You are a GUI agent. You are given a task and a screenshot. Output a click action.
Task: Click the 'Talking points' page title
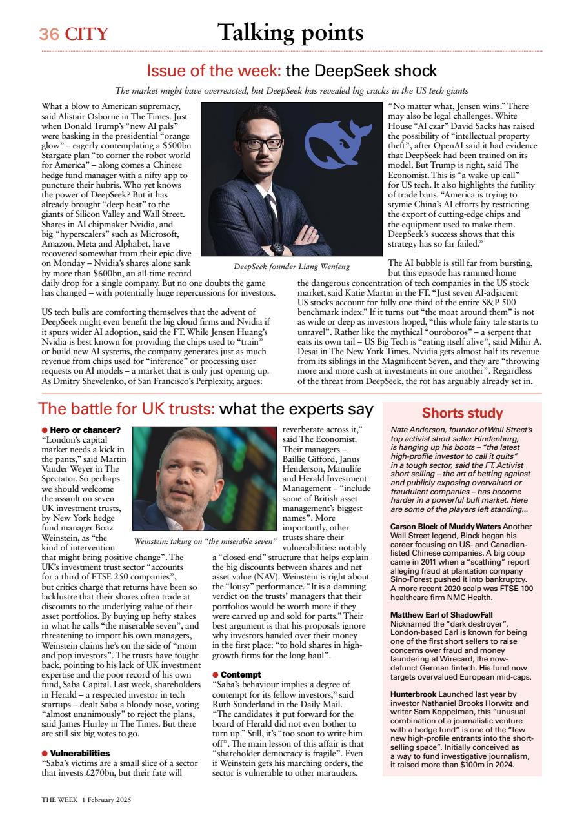[x=290, y=32]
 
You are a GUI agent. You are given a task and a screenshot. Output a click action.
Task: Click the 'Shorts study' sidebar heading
[x=462, y=413]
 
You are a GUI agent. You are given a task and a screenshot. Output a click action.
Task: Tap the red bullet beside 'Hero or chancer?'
[x=45, y=430]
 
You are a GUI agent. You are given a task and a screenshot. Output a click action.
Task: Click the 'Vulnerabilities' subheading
[x=80, y=753]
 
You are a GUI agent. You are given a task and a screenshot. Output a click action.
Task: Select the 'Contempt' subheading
[x=240, y=675]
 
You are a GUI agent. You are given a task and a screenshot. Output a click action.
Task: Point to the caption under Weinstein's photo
[x=205, y=540]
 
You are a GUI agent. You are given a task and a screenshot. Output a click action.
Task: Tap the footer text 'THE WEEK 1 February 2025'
[x=86, y=800]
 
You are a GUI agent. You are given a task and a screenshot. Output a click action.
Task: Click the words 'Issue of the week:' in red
[x=214, y=70]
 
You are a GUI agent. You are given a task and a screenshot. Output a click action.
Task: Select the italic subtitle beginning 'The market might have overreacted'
[x=291, y=91]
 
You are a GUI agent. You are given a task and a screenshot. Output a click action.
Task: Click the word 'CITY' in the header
[x=86, y=34]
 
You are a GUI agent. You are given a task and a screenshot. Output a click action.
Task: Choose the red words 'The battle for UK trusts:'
[x=126, y=409]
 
